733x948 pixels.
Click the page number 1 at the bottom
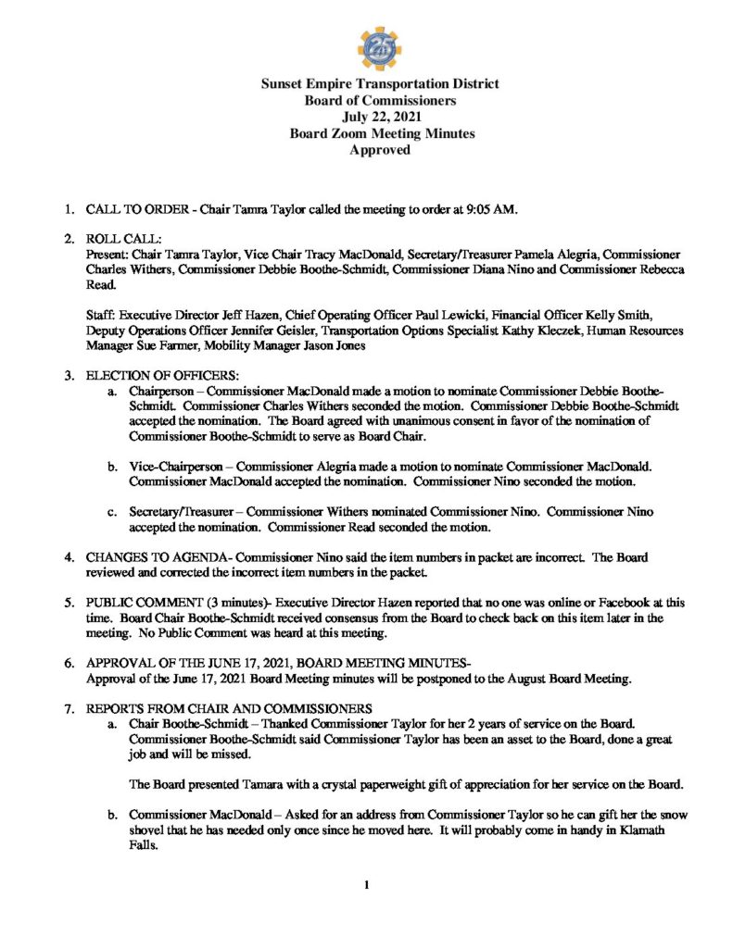point(367,886)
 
